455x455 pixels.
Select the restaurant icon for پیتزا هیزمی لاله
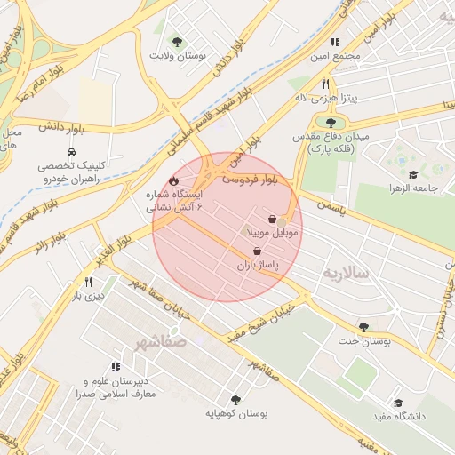click(x=326, y=84)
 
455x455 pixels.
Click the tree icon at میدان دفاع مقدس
click(x=331, y=123)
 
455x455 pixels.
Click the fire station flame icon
click(x=161, y=180)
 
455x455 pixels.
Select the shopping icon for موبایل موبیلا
click(x=271, y=219)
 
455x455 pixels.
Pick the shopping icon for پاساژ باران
click(x=257, y=251)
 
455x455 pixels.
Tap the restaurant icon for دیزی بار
click(x=87, y=282)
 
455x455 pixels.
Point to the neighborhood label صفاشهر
click(x=163, y=340)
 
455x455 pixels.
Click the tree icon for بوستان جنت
click(x=363, y=327)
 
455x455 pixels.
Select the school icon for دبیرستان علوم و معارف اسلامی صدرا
click(x=116, y=367)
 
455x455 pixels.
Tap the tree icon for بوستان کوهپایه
click(x=235, y=400)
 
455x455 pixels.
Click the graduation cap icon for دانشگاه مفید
click(x=397, y=403)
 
